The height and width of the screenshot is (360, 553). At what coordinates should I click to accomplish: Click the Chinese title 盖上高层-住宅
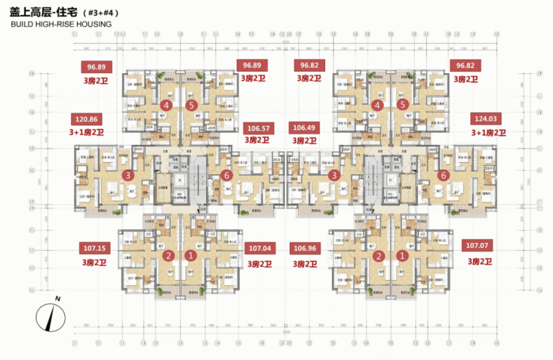pos(44,13)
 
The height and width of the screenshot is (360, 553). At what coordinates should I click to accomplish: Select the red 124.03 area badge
pos(488,119)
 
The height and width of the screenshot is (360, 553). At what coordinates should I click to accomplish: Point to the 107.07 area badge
pos(481,246)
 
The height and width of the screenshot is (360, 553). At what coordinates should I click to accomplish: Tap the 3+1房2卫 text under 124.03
pos(488,133)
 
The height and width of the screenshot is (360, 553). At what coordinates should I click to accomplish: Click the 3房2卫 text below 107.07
pos(481,261)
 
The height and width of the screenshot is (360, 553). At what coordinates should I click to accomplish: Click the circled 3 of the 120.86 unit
pos(129,176)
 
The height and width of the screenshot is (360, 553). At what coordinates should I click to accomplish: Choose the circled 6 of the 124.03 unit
pos(443,176)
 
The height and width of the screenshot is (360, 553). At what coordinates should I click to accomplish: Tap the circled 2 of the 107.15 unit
pos(169,255)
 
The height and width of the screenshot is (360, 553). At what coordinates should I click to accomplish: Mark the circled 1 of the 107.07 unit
pos(403,255)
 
